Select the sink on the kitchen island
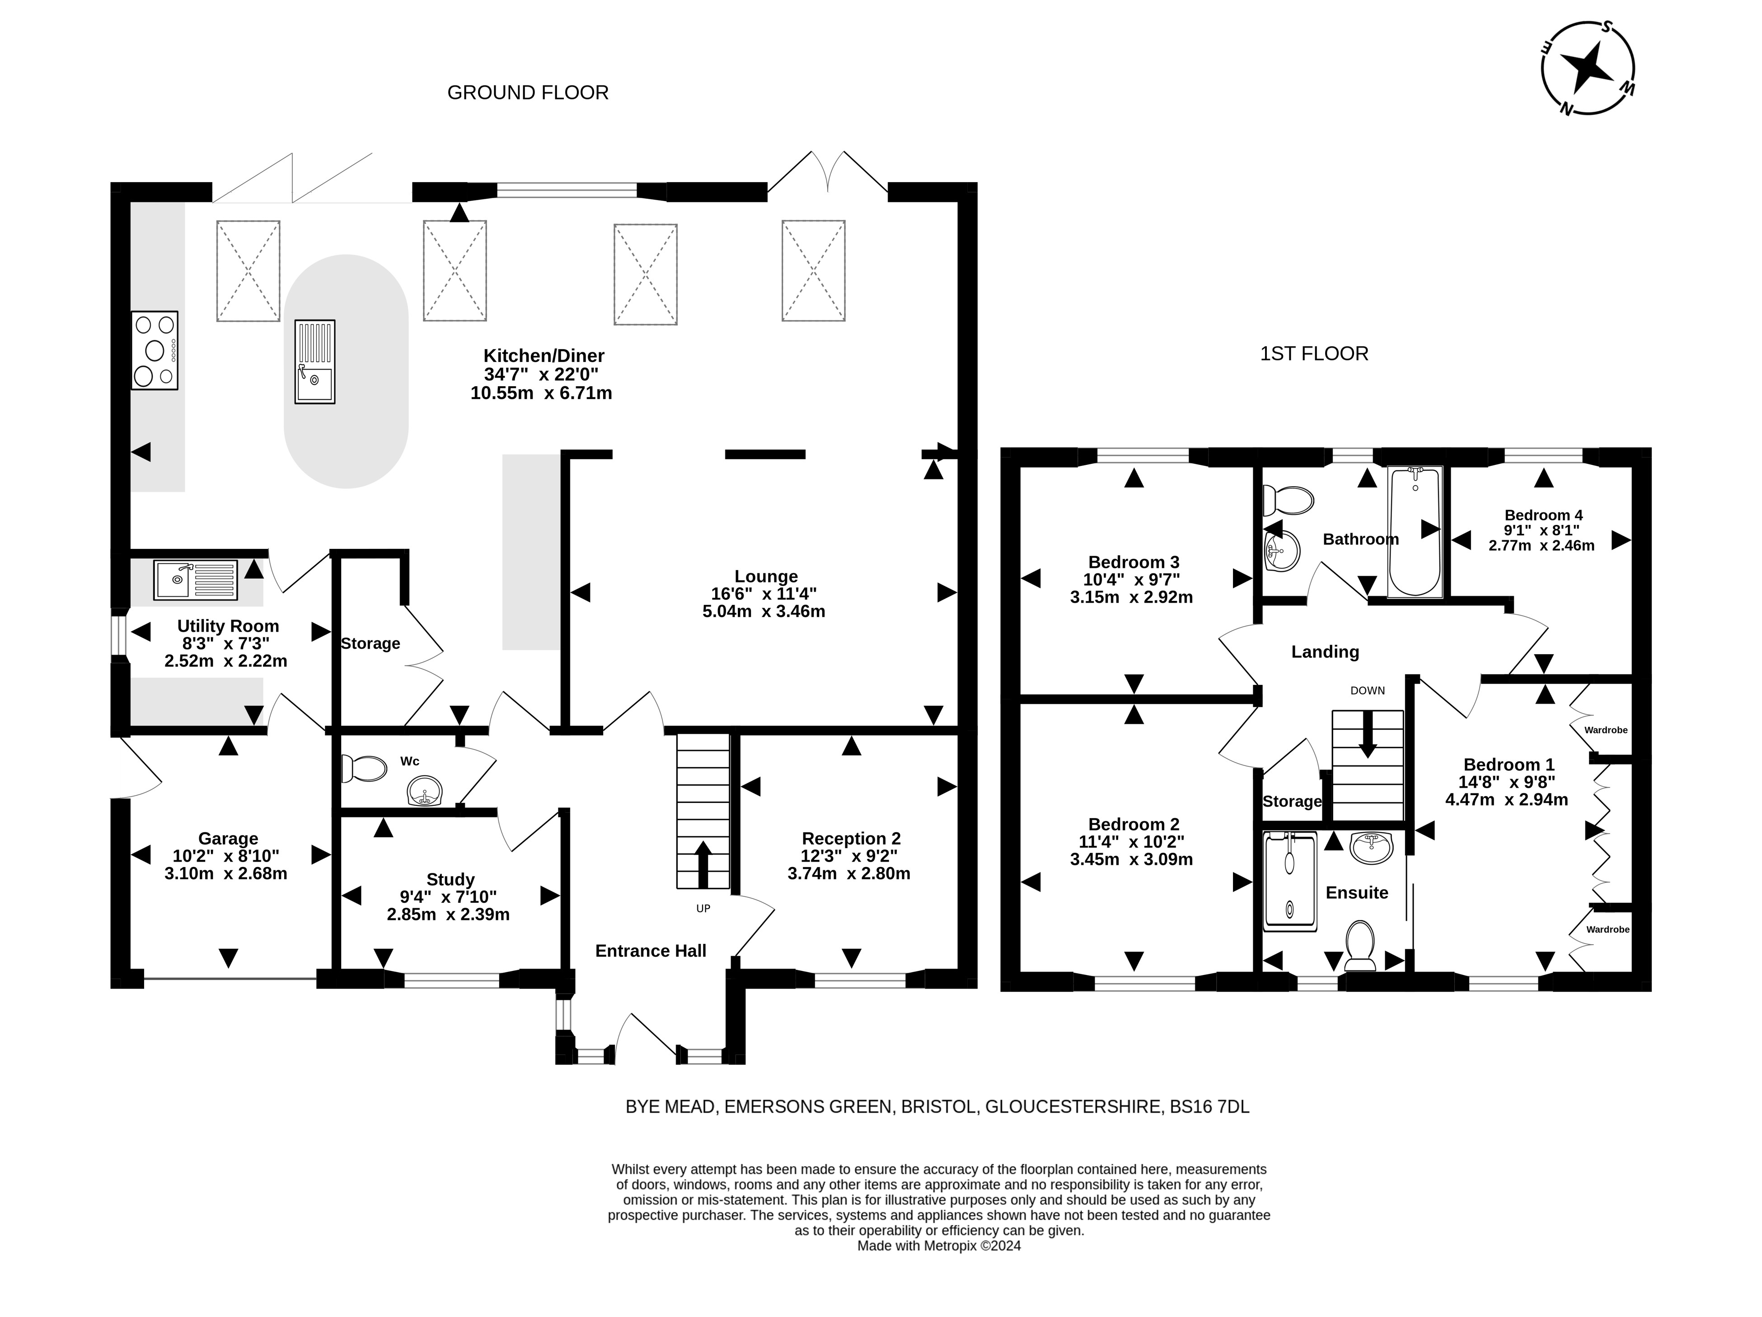314,362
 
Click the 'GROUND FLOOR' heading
528,93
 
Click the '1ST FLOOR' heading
1314,354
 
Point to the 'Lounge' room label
765,576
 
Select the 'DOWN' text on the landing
1368,691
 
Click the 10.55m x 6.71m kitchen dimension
542,393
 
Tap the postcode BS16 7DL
1209,1106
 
